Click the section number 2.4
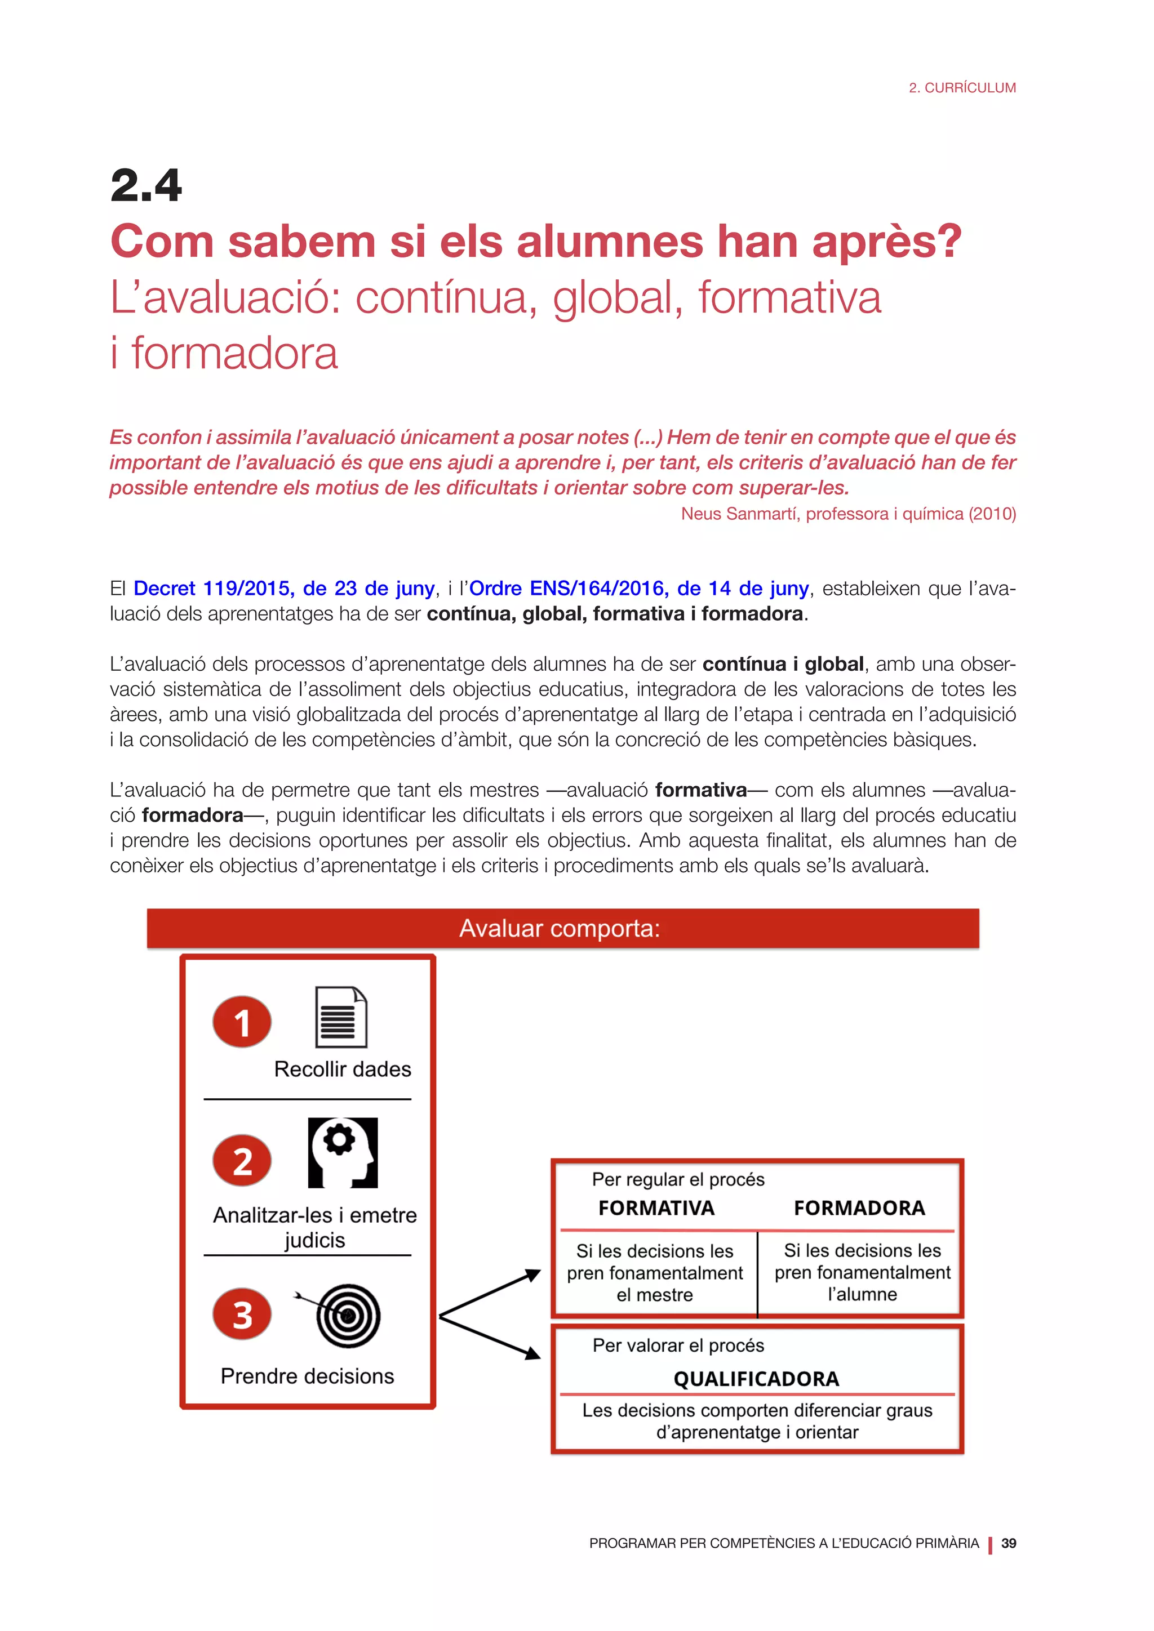tap(147, 186)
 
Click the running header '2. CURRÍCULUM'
tap(962, 88)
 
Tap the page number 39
tap(1008, 1543)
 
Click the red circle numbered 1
tap(242, 1022)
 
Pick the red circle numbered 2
tap(242, 1161)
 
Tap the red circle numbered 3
tap(242, 1314)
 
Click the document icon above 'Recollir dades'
tap(341, 1017)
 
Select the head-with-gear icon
tap(343, 1153)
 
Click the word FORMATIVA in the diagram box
tap(656, 1209)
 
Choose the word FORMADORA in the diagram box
tap(859, 1209)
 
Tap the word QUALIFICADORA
tap(756, 1379)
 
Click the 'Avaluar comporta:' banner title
tap(560, 929)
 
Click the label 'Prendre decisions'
tap(307, 1376)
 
